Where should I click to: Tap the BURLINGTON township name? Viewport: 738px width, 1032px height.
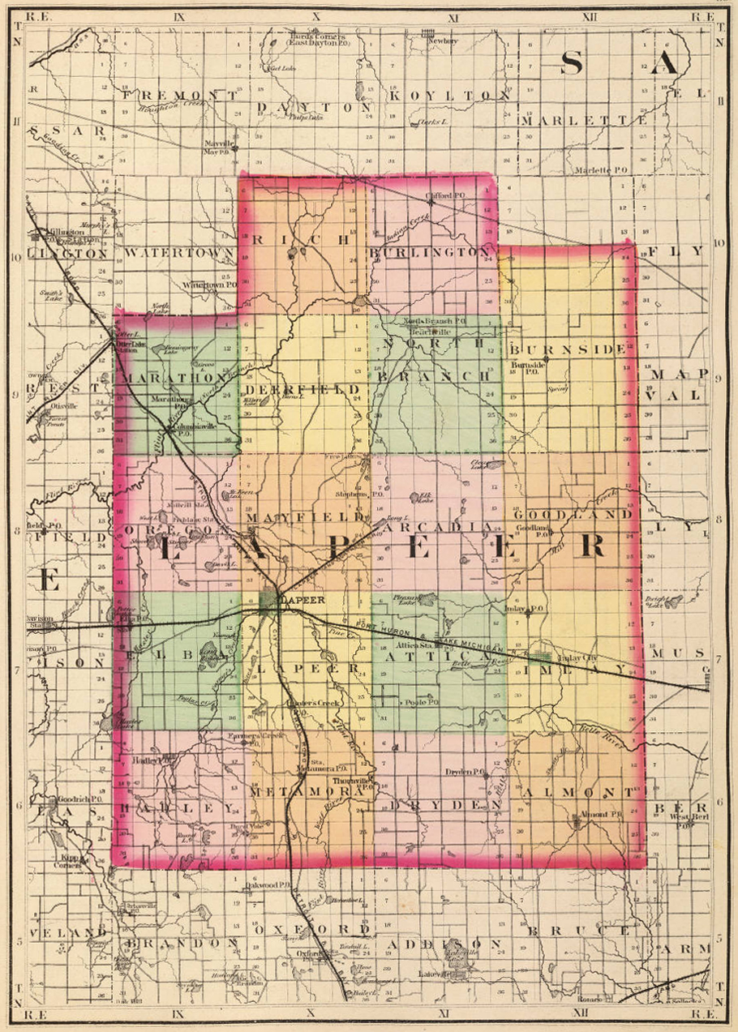click(430, 252)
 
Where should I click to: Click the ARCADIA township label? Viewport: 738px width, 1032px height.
click(438, 527)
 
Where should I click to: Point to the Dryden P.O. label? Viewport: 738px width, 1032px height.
click(465, 772)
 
